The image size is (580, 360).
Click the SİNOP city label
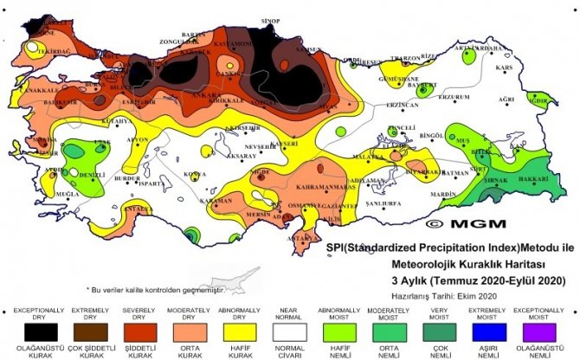click(x=271, y=19)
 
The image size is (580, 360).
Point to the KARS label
click(x=505, y=67)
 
